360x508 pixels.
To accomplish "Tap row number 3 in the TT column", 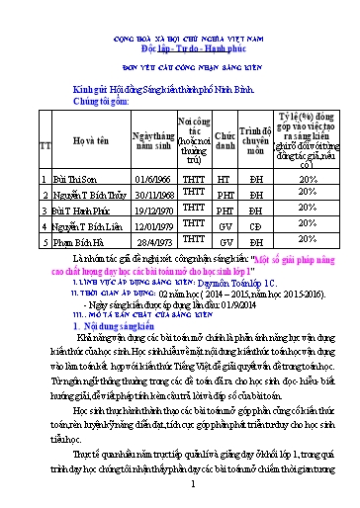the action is [44, 212].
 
